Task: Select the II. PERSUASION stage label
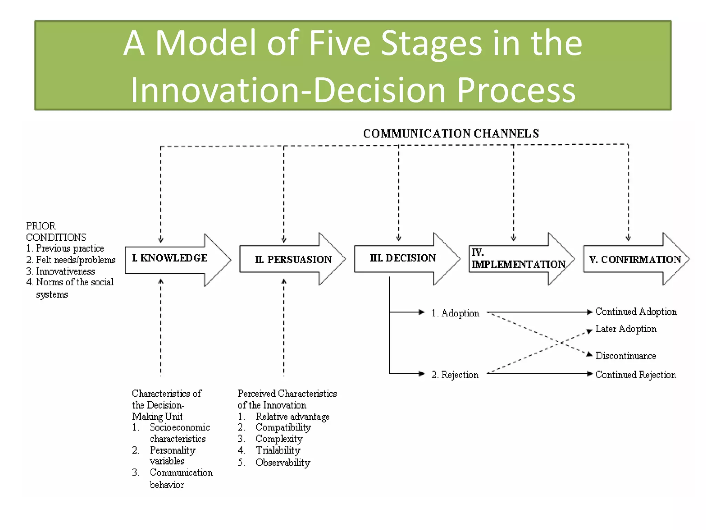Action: (x=293, y=259)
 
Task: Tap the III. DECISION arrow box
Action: (x=403, y=258)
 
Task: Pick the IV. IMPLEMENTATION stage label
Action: (x=518, y=259)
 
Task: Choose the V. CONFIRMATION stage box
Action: (x=635, y=259)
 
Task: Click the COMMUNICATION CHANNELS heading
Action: (x=451, y=134)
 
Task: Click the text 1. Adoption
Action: (x=455, y=313)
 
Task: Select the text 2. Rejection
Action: (x=455, y=375)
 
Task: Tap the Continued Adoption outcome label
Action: (x=636, y=312)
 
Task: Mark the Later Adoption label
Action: (x=626, y=329)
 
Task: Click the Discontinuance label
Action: (x=625, y=356)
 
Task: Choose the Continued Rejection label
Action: (x=635, y=375)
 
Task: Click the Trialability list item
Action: (x=278, y=450)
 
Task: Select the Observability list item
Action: (x=282, y=462)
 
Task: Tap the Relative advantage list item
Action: (x=292, y=417)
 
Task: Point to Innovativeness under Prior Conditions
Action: (x=65, y=272)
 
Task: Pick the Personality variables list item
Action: (x=172, y=455)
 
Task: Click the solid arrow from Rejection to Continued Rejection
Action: (x=538, y=374)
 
